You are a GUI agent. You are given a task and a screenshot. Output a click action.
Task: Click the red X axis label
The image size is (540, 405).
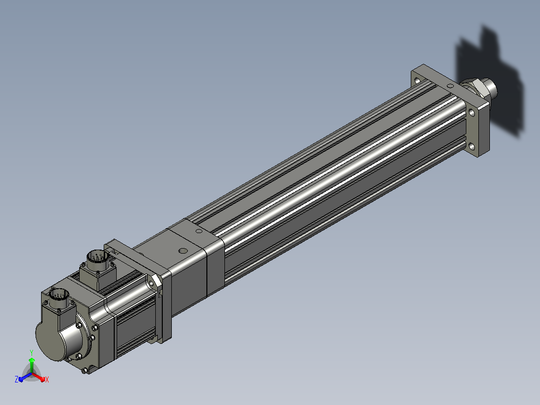(x=47, y=379)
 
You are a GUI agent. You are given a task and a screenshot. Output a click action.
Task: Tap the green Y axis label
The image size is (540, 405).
(x=32, y=352)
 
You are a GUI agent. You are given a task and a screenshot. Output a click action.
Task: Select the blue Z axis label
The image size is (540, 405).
(x=17, y=379)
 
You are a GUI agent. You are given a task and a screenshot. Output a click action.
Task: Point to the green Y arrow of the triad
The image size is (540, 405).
(x=32, y=365)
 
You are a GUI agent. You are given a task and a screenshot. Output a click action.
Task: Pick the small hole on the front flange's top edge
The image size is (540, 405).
(x=450, y=86)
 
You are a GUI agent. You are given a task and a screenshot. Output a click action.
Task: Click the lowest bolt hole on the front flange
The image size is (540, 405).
(x=472, y=147)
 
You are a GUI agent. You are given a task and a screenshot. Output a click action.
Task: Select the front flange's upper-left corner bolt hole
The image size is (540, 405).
(x=417, y=81)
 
